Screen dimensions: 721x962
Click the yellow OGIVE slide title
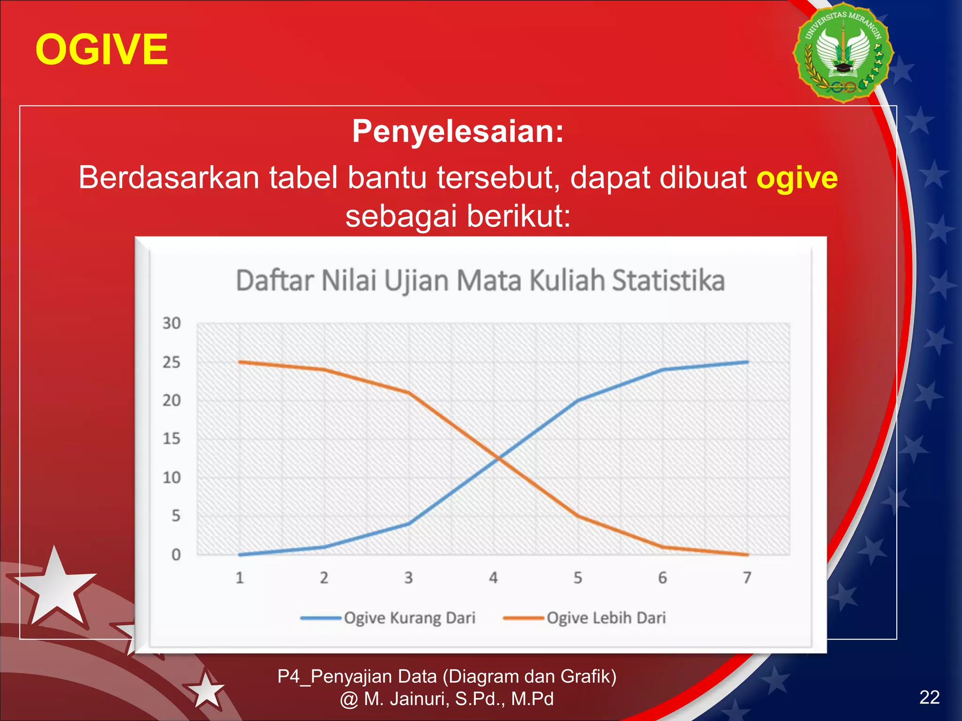101,50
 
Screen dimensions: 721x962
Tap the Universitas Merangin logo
843,53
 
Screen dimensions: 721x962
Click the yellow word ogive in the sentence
797,178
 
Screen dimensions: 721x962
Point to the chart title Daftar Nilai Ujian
480,281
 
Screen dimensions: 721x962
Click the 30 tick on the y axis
171,323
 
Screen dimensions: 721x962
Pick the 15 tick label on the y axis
171,439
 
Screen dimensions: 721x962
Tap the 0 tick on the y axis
176,555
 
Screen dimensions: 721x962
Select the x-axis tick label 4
493,578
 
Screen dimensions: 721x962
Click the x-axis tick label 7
747,578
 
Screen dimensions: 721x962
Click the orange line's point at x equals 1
240,362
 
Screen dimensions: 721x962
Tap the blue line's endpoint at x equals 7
747,362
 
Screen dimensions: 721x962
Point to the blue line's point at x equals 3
409,524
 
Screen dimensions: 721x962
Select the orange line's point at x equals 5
578,516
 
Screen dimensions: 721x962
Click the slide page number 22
929,698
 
